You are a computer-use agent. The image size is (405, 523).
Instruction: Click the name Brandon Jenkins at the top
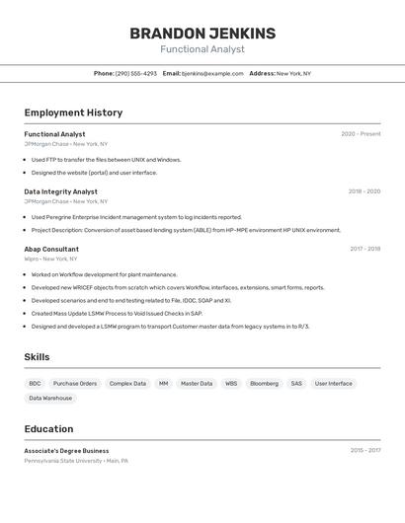click(x=202, y=34)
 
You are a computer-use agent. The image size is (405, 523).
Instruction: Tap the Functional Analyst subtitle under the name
click(x=202, y=49)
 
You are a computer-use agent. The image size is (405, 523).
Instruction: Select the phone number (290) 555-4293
click(x=135, y=73)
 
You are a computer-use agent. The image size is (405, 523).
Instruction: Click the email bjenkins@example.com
click(x=212, y=73)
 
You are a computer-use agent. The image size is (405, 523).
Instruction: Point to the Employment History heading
click(x=73, y=112)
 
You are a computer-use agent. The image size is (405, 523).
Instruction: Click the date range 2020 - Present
click(x=361, y=134)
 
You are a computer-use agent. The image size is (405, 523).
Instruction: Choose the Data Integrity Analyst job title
click(x=60, y=191)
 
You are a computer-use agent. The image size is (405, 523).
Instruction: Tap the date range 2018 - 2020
click(x=364, y=191)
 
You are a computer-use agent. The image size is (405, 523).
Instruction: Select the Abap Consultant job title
click(x=51, y=249)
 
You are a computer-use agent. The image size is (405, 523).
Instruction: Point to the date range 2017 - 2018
click(x=364, y=249)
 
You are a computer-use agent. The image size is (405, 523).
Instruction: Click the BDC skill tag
click(x=35, y=383)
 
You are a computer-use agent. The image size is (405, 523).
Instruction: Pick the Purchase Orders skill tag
click(x=75, y=383)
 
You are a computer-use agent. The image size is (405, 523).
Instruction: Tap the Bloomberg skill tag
click(x=264, y=383)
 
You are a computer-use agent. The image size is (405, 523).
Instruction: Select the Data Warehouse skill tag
click(x=50, y=398)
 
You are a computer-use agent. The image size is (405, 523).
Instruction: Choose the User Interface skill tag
click(x=333, y=383)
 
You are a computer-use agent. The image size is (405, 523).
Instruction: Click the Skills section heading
click(x=37, y=357)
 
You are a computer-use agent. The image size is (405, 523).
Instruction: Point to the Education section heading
click(x=48, y=429)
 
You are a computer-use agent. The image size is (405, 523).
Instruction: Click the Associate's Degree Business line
click(x=66, y=451)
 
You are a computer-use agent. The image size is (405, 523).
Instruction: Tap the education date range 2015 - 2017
click(x=364, y=450)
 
